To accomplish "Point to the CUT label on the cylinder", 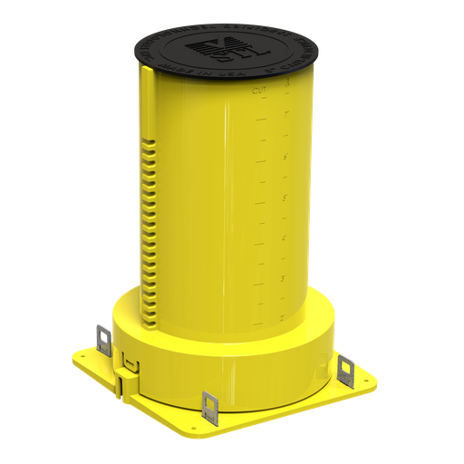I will [x=260, y=91].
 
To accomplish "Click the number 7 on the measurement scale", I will [x=285, y=116].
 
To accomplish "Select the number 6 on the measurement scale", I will [x=285, y=157].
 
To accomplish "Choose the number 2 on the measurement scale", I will [x=283, y=317].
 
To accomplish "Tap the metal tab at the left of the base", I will [x=102, y=337].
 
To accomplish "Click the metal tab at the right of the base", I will [x=344, y=369].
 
